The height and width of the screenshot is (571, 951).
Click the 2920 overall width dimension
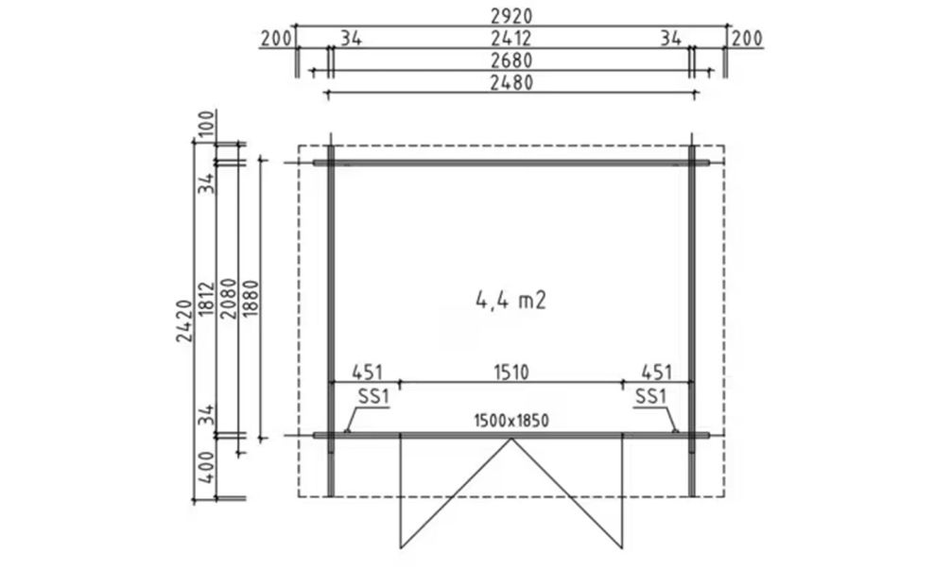pos(511,16)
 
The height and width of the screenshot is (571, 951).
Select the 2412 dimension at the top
pos(511,38)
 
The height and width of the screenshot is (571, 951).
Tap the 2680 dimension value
pos(511,61)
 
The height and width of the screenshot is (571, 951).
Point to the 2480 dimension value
pos(511,82)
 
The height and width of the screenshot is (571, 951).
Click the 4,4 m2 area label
pos(510,301)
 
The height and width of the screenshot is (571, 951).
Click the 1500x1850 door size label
pos(510,421)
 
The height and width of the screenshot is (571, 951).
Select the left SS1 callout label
pos(372,397)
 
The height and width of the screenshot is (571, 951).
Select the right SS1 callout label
pos(650,397)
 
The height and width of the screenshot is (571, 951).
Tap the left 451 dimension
pos(368,372)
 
